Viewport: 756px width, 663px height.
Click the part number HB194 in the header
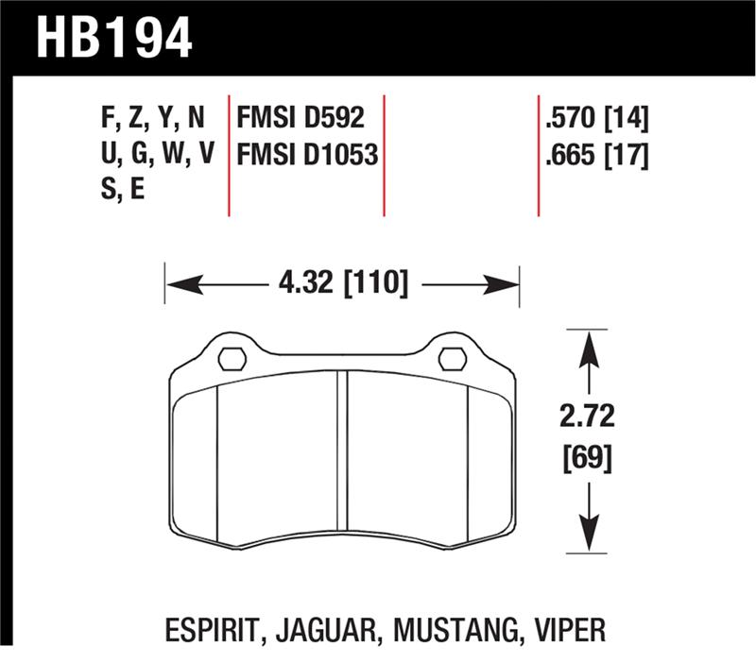coord(112,38)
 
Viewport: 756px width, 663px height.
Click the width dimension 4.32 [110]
coord(343,281)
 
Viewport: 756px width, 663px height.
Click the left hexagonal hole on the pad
coord(232,358)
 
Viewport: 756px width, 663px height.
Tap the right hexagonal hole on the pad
coord(453,358)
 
